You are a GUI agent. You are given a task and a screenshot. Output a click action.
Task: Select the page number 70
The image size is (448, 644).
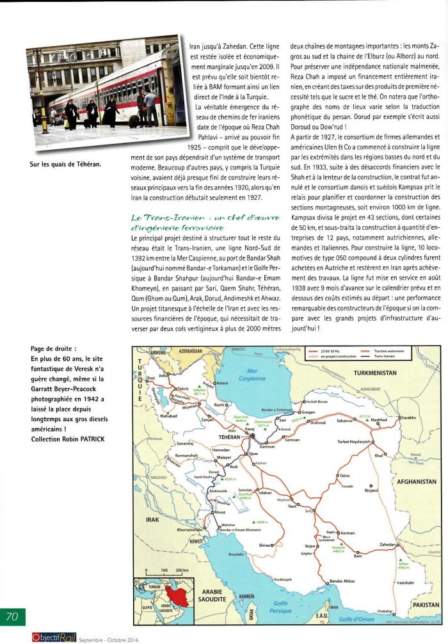point(13,616)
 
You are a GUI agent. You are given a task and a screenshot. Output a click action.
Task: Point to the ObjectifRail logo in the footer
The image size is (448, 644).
point(58,638)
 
